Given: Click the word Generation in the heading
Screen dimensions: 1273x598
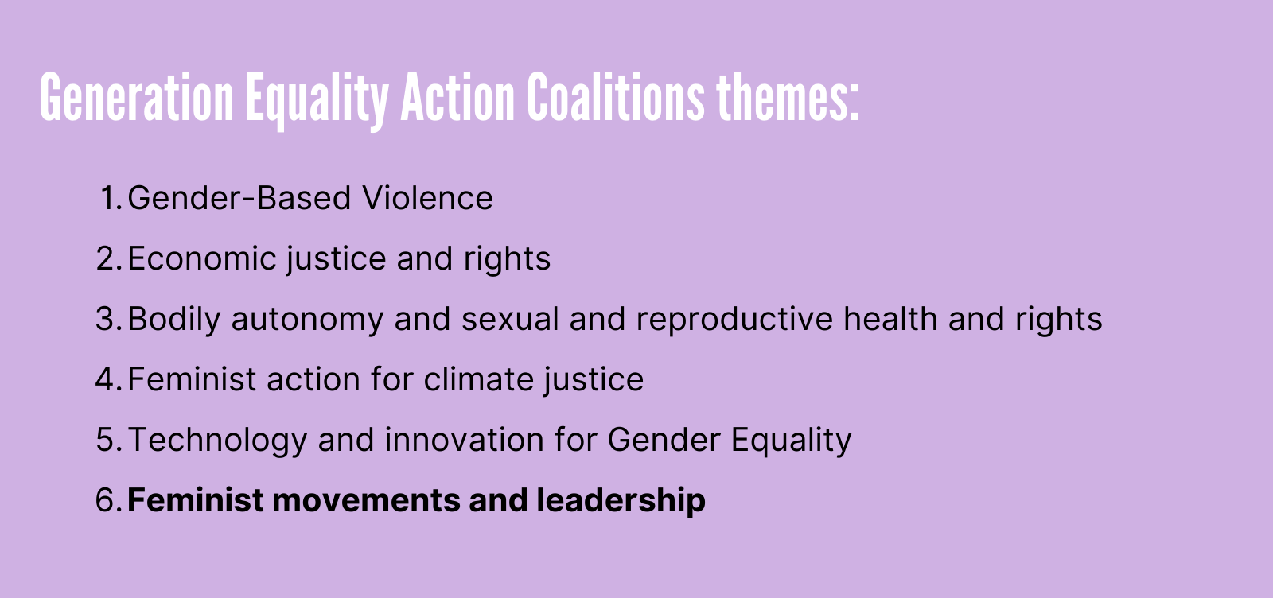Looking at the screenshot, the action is point(136,96).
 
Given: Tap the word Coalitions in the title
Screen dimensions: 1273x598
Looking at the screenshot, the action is point(616,96).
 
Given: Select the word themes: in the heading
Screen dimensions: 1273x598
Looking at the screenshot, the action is point(788,96).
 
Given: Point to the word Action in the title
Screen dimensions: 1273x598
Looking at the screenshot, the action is point(457,96).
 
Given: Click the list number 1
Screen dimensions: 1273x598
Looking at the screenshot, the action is point(111,198).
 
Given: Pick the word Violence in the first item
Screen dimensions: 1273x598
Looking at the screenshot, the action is point(427,198).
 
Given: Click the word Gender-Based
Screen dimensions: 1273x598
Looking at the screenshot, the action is point(239,198).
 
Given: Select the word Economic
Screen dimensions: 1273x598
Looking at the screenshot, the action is point(202,258).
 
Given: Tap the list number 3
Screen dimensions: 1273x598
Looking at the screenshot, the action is point(109,319).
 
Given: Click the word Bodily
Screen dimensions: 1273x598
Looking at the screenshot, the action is point(174,320).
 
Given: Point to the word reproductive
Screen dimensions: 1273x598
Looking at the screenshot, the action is point(734,320).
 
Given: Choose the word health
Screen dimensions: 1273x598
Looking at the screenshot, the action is point(890,319).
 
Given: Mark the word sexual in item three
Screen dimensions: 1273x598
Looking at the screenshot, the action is point(510,319).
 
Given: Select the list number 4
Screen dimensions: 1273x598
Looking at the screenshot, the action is point(109,379).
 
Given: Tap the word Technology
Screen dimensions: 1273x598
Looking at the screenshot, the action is point(218,441).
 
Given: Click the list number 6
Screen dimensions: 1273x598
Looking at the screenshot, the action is point(109,499).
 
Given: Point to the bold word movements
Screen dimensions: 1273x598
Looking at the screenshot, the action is point(367,499).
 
